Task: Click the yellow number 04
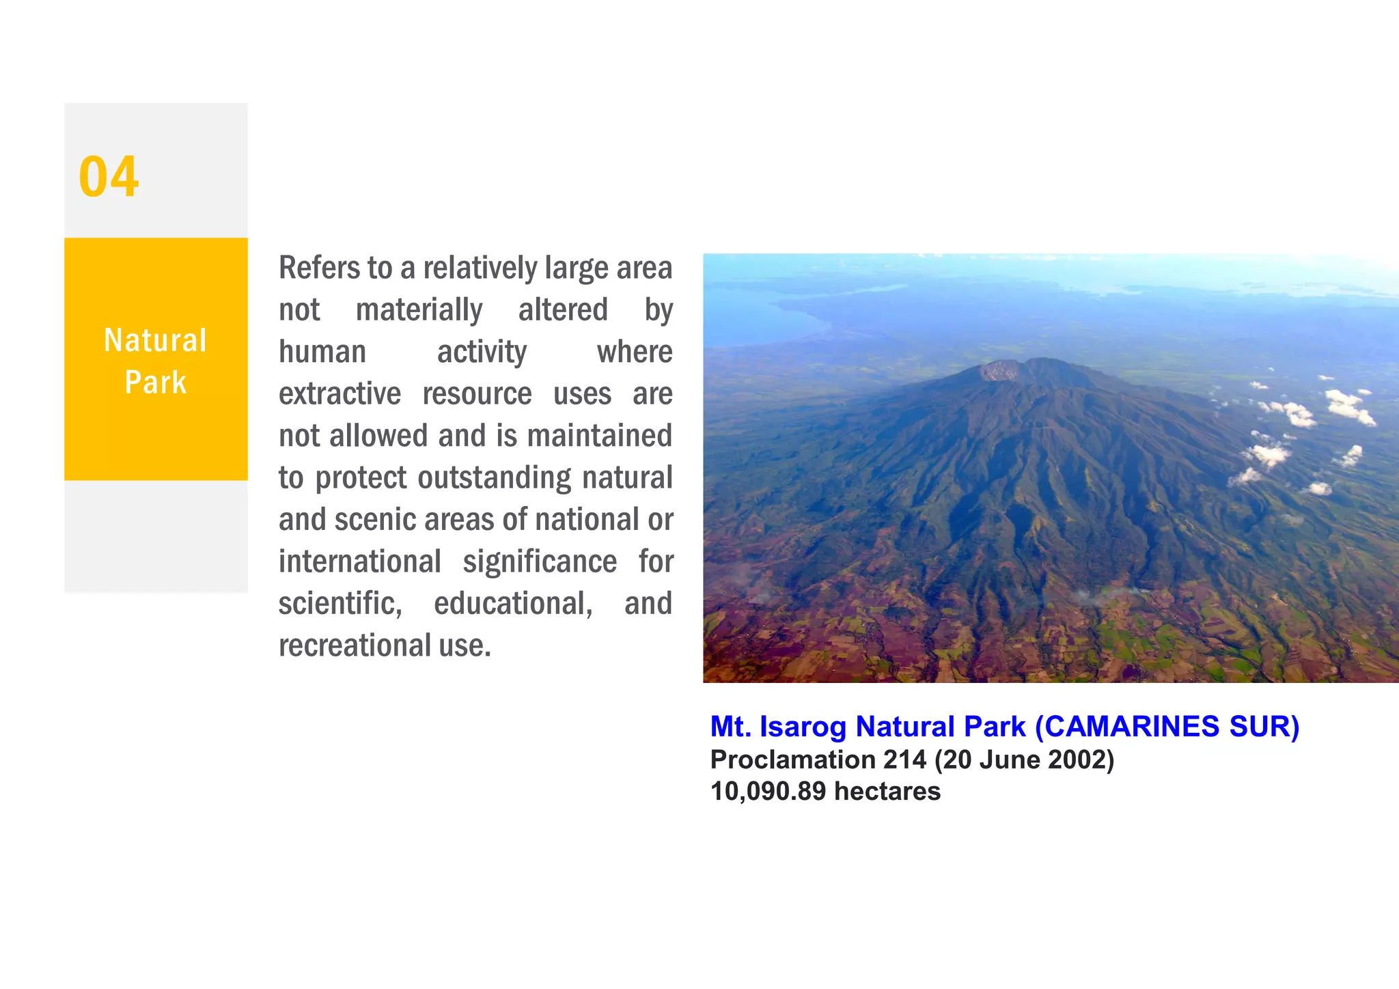[109, 177]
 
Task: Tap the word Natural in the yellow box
[155, 340]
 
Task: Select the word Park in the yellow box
[155, 382]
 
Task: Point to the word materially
[419, 310]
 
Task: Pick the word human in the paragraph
[322, 352]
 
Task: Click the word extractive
[340, 394]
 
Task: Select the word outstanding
[494, 478]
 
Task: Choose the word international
[359, 562]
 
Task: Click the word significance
[540, 562]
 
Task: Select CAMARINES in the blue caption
[1132, 727]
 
